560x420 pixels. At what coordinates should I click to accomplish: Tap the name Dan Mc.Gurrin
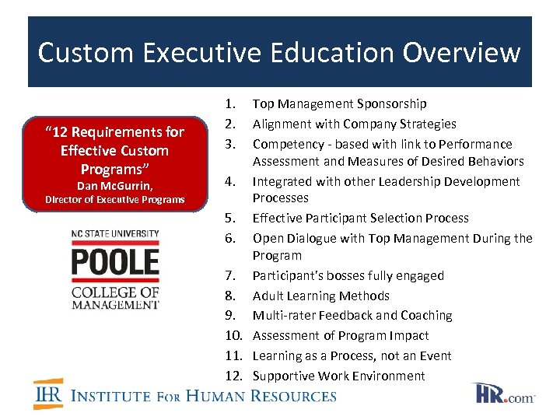click(x=115, y=186)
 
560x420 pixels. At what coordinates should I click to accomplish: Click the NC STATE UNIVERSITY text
click(x=115, y=234)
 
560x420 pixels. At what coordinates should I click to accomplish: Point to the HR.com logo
click(x=503, y=394)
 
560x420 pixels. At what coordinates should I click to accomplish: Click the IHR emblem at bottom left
click(x=48, y=394)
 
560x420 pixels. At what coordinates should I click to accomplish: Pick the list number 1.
click(x=229, y=103)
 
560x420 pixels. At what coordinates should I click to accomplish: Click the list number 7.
click(x=229, y=275)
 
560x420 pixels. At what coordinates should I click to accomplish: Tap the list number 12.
click(x=233, y=376)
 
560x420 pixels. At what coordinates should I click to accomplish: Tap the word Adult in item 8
click(x=268, y=296)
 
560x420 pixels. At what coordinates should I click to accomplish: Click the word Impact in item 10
click(x=410, y=335)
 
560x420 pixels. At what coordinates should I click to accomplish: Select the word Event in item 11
click(x=436, y=355)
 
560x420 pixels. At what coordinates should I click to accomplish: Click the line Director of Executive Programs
click(x=115, y=200)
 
